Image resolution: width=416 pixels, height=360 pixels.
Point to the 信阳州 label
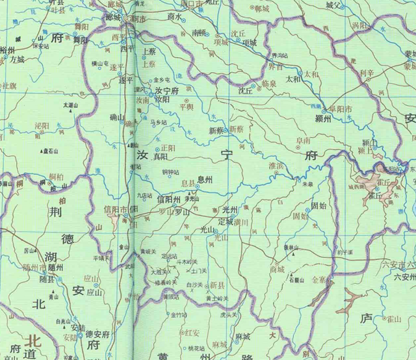point(168,199)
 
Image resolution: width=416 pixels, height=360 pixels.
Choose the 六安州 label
point(404,276)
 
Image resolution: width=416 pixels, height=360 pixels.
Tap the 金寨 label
point(321,279)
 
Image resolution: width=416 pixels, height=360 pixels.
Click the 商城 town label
point(278,269)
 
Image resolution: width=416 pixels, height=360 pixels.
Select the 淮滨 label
point(278,166)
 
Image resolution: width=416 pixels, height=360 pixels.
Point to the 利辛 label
point(367,73)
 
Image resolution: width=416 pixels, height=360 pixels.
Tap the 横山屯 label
point(100,64)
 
